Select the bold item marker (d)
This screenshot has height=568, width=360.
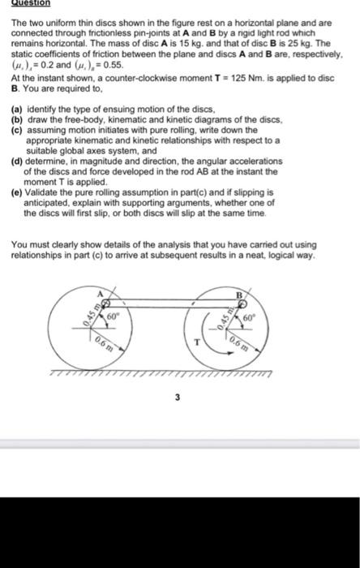(17, 161)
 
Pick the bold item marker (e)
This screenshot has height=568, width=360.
(17, 194)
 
